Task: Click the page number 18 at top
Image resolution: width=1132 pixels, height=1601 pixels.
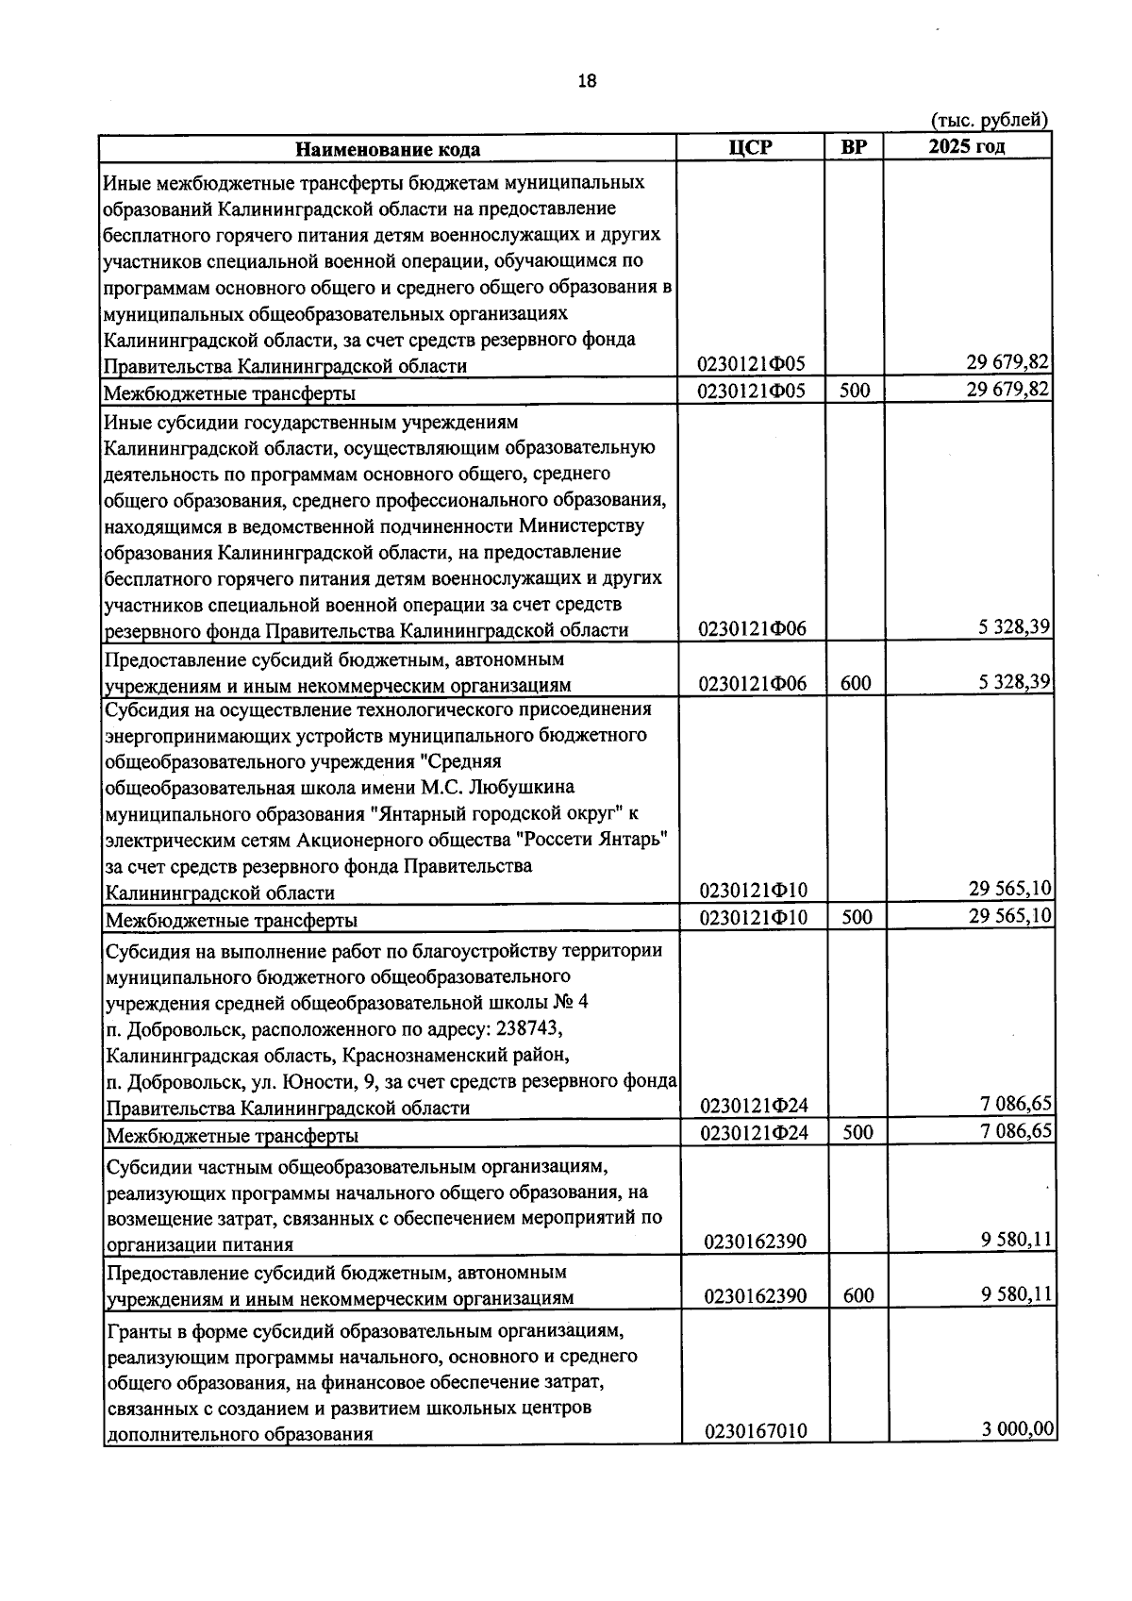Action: click(587, 81)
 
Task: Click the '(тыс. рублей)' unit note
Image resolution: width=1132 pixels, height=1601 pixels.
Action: click(990, 121)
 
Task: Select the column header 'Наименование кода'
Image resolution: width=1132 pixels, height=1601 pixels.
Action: click(388, 149)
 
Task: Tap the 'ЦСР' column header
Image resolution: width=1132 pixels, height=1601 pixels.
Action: click(751, 147)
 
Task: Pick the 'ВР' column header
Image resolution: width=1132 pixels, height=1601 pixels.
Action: click(854, 147)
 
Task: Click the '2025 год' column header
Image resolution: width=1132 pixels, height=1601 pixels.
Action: click(966, 146)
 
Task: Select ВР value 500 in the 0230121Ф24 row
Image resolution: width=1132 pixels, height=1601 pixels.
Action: click(857, 1132)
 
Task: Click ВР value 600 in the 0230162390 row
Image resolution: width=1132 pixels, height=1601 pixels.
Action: click(858, 1295)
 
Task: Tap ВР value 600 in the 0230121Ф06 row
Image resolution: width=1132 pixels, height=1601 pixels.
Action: click(856, 683)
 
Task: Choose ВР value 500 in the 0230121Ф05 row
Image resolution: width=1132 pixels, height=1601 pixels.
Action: click(855, 390)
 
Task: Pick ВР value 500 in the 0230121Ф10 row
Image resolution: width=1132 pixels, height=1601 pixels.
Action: click(857, 917)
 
